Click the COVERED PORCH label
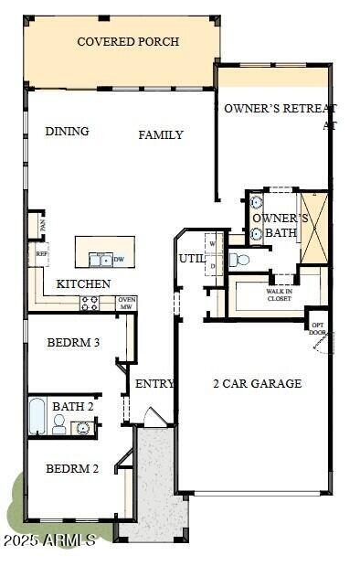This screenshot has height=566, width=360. pyautogui.click(x=128, y=42)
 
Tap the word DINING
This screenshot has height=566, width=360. pyautogui.click(x=67, y=132)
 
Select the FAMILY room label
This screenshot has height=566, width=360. pyautogui.click(x=161, y=135)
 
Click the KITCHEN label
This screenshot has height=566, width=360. pyautogui.click(x=83, y=284)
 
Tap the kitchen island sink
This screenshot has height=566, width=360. pyautogui.click(x=101, y=259)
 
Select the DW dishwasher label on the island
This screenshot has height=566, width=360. pyautogui.click(x=119, y=260)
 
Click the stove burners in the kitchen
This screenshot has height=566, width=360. pyautogui.click(x=90, y=303)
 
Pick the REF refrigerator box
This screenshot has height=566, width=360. pyautogui.click(x=41, y=254)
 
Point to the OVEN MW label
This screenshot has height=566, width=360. pyautogui.click(x=126, y=303)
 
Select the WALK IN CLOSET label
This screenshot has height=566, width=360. pyautogui.click(x=279, y=295)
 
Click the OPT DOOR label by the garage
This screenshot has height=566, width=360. pyautogui.click(x=318, y=328)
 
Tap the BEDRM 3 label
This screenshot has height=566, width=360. pyautogui.click(x=72, y=343)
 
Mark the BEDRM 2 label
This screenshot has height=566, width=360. pyautogui.click(x=72, y=469)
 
